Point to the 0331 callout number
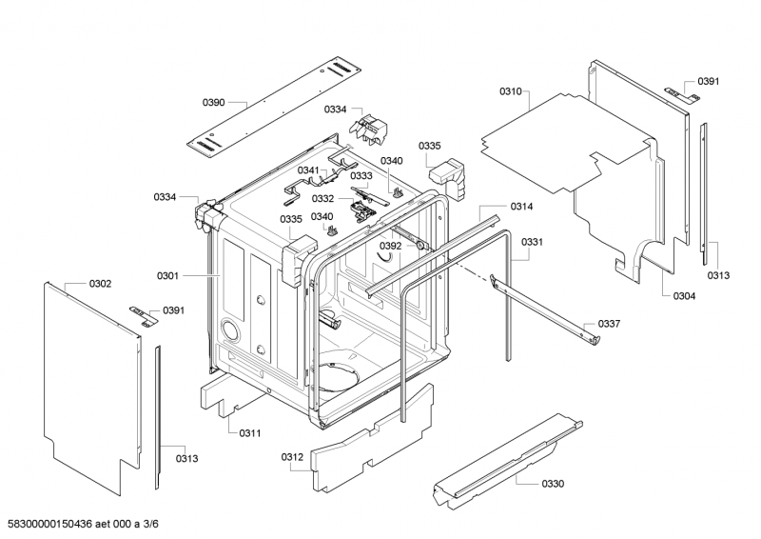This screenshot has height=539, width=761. [x=533, y=242]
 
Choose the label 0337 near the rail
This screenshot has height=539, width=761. [x=609, y=324]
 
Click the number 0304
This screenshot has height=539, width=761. [x=683, y=296]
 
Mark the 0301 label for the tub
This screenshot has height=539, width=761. [x=168, y=276]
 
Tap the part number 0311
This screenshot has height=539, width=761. [x=250, y=433]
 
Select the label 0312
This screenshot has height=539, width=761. [x=292, y=457]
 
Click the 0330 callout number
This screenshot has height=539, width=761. [x=553, y=484]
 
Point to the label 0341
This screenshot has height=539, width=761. [x=309, y=170]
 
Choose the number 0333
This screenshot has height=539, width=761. [x=361, y=176]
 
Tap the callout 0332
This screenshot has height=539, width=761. [x=322, y=198]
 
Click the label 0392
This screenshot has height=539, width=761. [x=391, y=246]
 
